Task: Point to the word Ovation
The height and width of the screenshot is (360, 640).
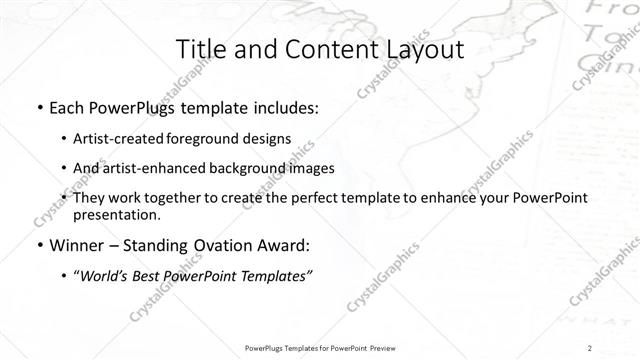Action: pyautogui.click(x=222, y=245)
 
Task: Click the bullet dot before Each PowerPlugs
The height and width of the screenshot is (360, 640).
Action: pyautogui.click(x=38, y=108)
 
